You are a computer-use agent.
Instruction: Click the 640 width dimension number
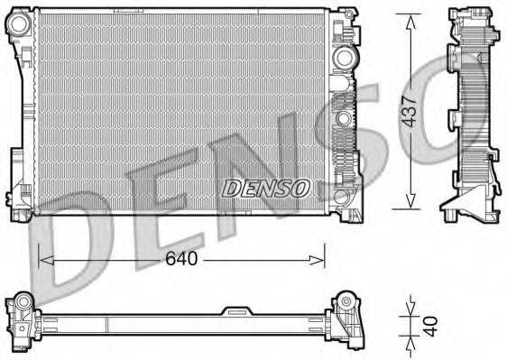[180, 260]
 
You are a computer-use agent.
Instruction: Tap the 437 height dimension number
[411, 111]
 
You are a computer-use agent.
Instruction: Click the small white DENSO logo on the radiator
[265, 188]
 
